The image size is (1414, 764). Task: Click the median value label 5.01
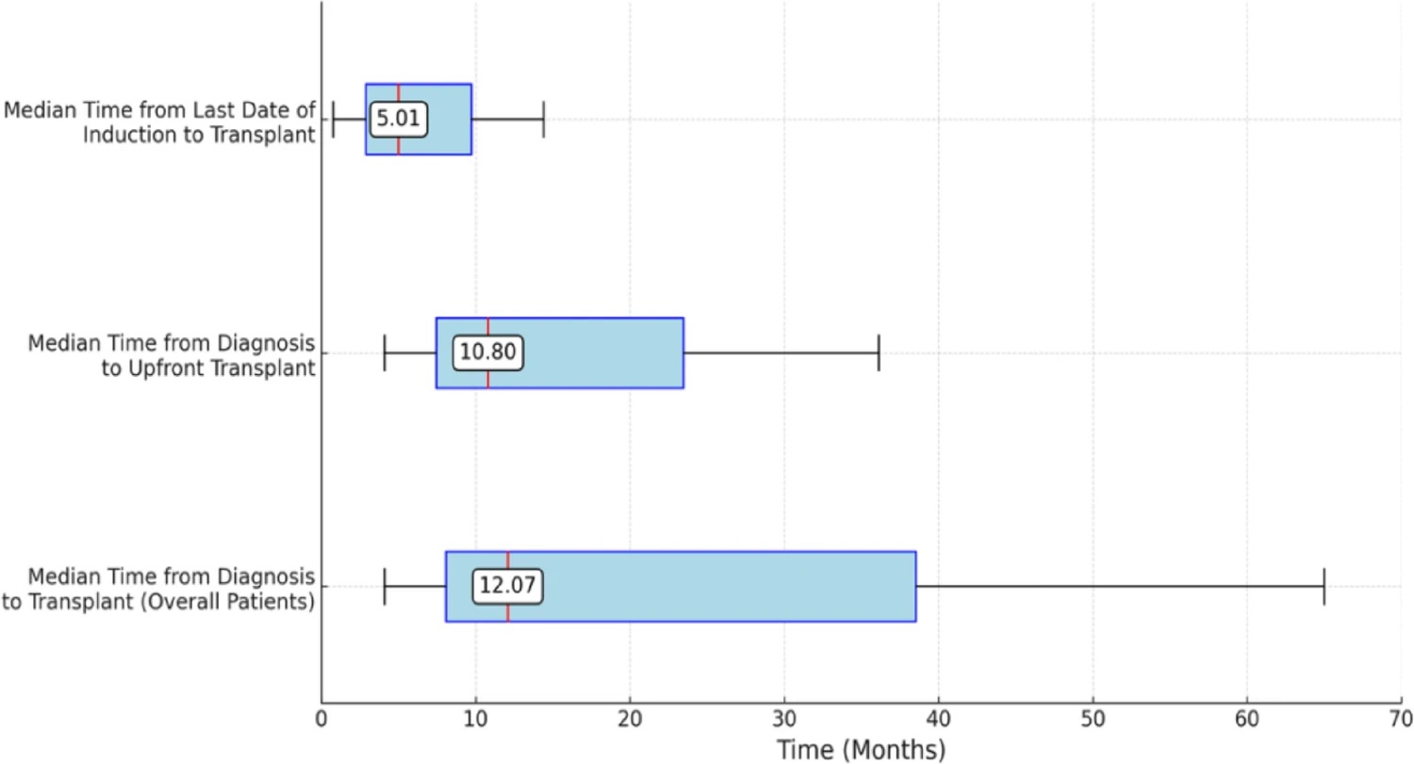coord(399,119)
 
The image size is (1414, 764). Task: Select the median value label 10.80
coord(488,352)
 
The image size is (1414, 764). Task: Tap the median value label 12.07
coord(507,585)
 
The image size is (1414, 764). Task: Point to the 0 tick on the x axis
coord(321,720)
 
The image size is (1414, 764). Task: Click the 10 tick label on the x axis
coord(475,720)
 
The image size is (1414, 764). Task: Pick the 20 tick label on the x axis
coord(630,720)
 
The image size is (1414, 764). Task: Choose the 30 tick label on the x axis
coord(784,720)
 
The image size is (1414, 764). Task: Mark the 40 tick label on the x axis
coord(938,720)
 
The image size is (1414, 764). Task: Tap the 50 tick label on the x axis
coord(1093,720)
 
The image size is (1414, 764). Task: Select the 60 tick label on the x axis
coord(1247,720)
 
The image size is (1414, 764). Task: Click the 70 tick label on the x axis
coord(1401,720)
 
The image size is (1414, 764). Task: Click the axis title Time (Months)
coord(861,750)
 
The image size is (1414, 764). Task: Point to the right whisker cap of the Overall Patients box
coord(1324,586)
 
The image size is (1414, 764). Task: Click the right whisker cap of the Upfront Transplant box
coord(879,352)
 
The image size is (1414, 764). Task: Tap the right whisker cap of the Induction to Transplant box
coord(544,119)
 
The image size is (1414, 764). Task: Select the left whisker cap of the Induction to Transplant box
coord(333,119)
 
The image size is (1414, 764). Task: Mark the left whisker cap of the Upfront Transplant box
coord(385,352)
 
